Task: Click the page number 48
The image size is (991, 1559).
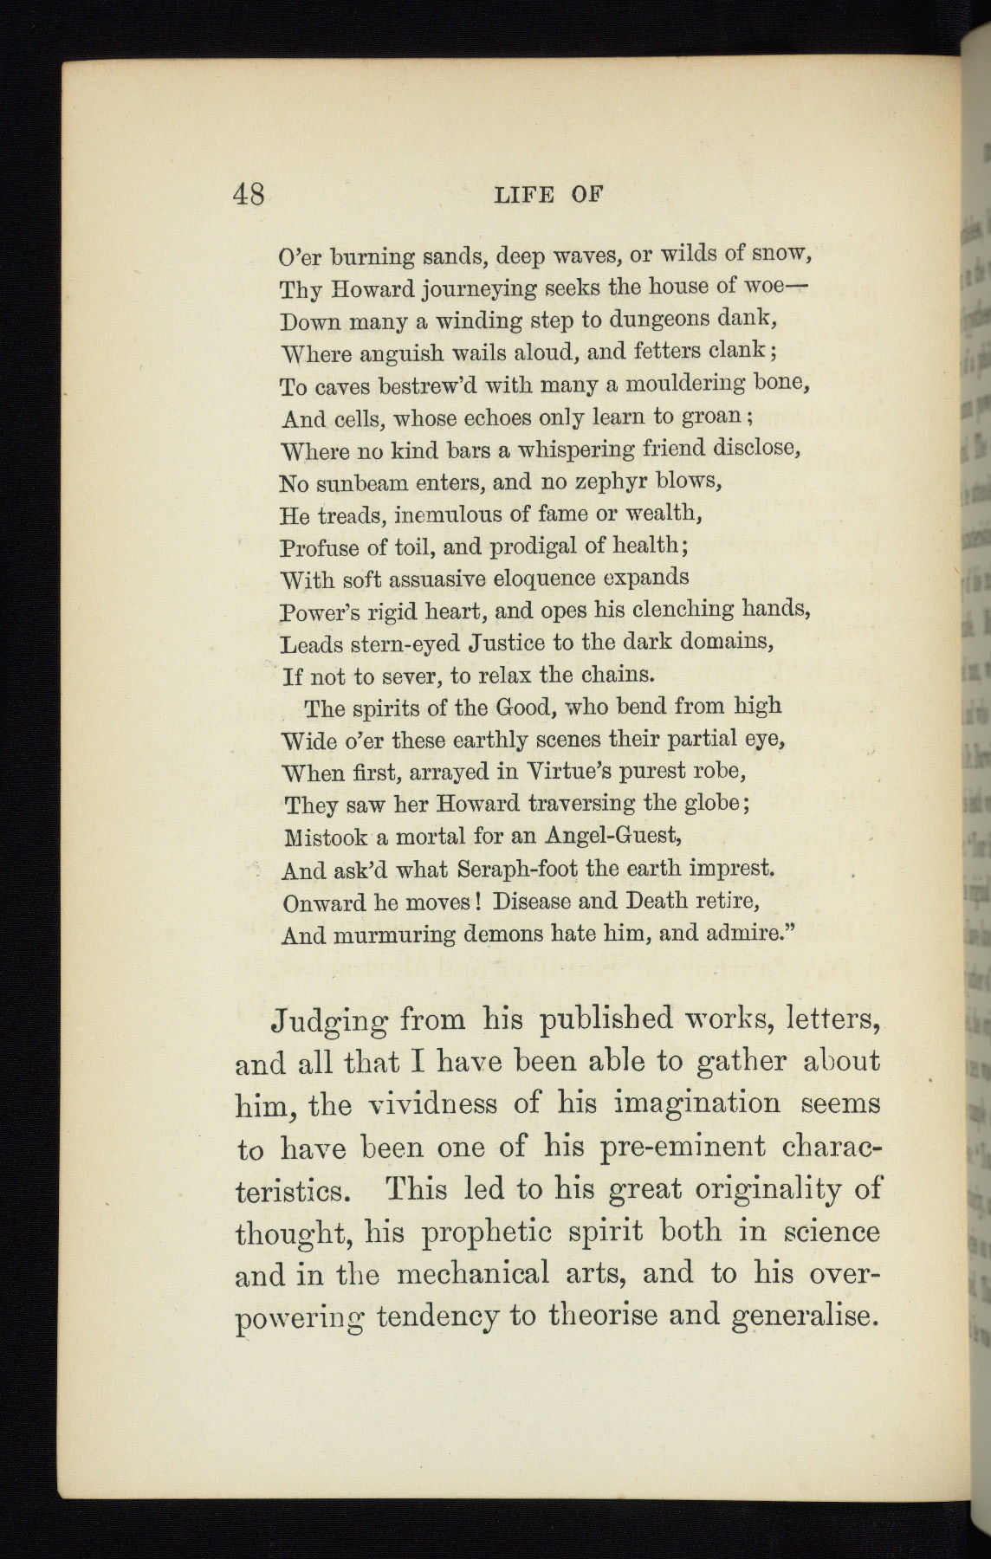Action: (x=249, y=193)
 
